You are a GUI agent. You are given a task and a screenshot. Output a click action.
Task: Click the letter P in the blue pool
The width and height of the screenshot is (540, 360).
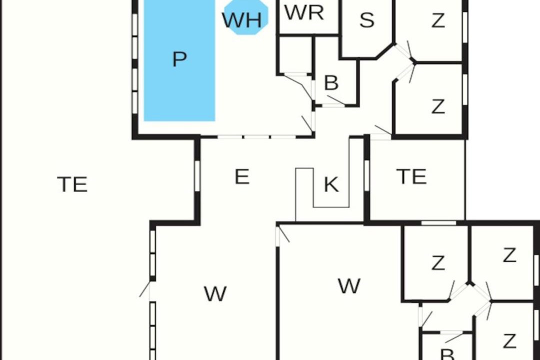coord(179,59)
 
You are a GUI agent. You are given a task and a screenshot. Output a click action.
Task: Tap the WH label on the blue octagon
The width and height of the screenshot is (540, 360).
coord(242,20)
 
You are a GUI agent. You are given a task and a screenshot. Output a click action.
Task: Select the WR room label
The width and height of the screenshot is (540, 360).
coord(304,12)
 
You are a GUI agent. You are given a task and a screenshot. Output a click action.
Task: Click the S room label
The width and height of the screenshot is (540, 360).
coord(367,20)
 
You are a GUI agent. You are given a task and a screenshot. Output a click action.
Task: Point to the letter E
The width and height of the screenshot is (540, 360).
coord(242,176)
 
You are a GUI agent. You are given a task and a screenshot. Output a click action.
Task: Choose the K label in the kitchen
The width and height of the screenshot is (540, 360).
coord(331,184)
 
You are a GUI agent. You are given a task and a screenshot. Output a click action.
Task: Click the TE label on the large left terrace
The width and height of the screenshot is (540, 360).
coord(72,184)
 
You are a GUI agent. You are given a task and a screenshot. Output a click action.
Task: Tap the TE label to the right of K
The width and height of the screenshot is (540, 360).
coord(411,176)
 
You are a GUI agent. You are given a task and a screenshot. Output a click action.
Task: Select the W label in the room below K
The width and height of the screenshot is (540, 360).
coord(349,285)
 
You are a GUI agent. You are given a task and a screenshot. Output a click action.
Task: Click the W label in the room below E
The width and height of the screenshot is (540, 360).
coord(215,294)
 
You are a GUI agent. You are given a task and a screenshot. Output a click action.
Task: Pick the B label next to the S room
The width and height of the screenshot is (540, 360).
coord(331,82)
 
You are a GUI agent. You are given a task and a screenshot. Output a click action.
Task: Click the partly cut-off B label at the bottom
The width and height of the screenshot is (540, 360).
coord(447,354)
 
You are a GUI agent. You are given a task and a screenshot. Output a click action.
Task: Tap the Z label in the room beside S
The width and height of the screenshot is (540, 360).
coord(438,20)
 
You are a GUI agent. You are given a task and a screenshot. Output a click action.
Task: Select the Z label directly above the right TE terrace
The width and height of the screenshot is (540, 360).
coord(438,106)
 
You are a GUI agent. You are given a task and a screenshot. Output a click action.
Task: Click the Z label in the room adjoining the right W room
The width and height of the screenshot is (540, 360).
coord(438,263)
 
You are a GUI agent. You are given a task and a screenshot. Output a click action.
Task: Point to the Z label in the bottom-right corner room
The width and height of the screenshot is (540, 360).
coord(509,341)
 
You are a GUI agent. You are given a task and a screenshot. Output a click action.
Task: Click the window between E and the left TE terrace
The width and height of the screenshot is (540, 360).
coord(197,175)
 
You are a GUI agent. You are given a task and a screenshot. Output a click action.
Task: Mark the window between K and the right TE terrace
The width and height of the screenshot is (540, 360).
coord(367,175)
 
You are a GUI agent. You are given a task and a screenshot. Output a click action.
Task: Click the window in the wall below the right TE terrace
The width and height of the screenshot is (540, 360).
coord(439,223)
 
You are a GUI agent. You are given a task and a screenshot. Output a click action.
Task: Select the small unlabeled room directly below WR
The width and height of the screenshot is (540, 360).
coord(295,54)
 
